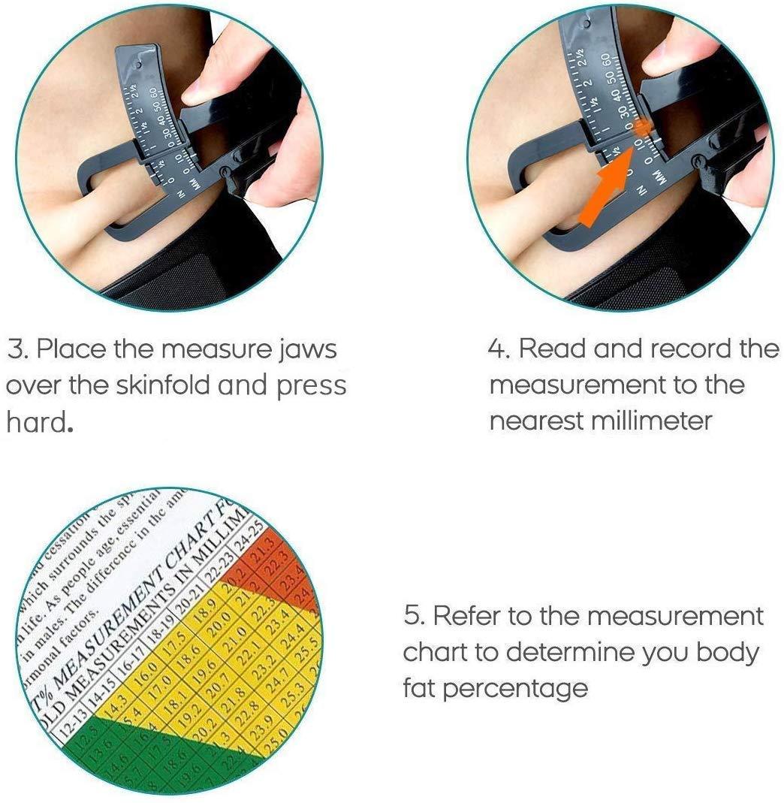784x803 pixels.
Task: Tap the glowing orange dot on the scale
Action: pos(642,128)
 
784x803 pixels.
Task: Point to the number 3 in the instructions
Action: pos(16,349)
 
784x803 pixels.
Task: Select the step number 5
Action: pos(413,617)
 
